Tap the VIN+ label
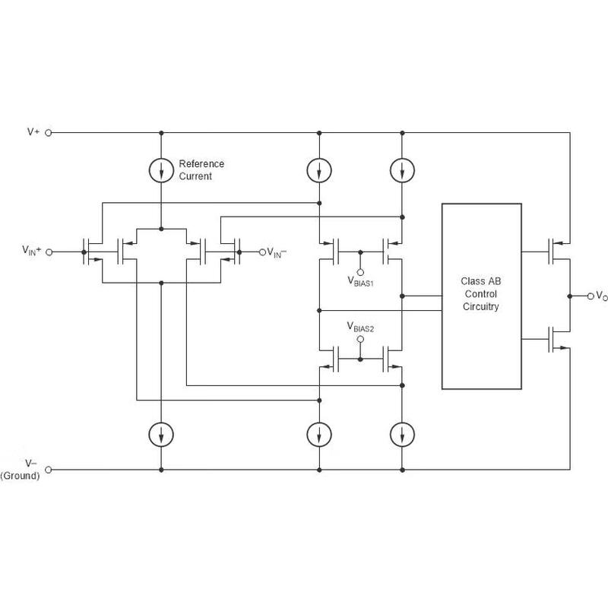click(x=32, y=250)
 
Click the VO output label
click(x=600, y=296)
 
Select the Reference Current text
click(x=201, y=169)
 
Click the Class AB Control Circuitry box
click(x=481, y=296)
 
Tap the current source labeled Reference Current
click(x=161, y=169)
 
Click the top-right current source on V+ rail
click(x=402, y=169)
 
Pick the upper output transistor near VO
click(x=555, y=249)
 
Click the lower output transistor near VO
click(x=555, y=340)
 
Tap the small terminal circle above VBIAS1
click(x=360, y=271)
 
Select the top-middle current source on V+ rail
click(x=318, y=169)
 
